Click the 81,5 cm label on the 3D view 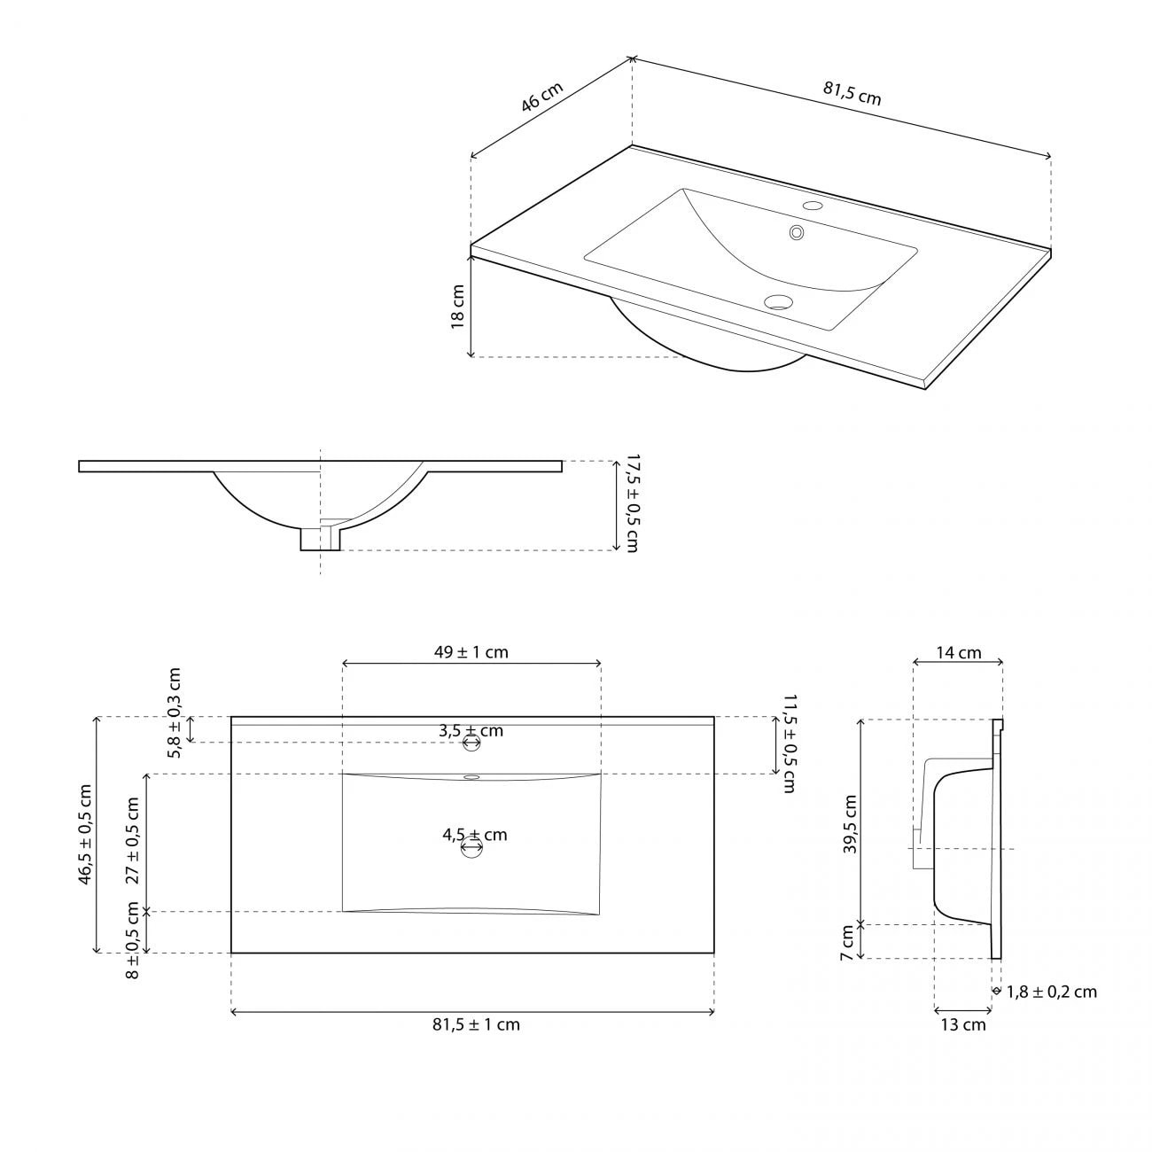pyautogui.click(x=852, y=93)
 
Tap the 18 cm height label pyautogui.click(x=458, y=307)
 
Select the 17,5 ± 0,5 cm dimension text pyautogui.click(x=631, y=503)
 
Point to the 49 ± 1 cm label pyautogui.click(x=471, y=652)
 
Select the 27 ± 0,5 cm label pyautogui.click(x=133, y=840)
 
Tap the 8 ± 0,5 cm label pyautogui.click(x=133, y=940)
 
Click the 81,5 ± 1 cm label pyautogui.click(x=476, y=1024)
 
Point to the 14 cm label pyautogui.click(x=959, y=653)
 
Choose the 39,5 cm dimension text pyautogui.click(x=850, y=823)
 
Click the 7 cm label pyautogui.click(x=848, y=942)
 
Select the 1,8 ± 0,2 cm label pyautogui.click(x=1051, y=992)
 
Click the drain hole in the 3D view pyautogui.click(x=778, y=302)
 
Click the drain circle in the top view pyautogui.click(x=471, y=849)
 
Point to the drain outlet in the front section pyautogui.click(x=320, y=537)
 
